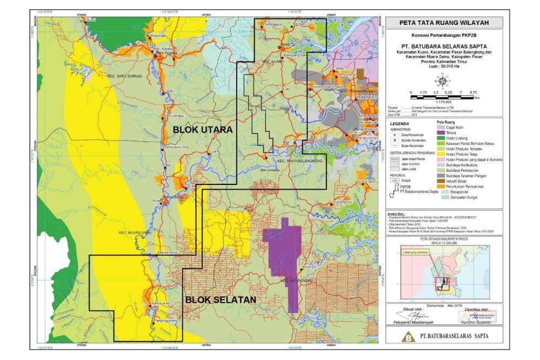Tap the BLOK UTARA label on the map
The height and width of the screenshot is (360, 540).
[203, 130]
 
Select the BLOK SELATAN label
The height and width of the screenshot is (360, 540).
[220, 299]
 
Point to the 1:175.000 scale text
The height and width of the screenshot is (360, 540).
[443, 101]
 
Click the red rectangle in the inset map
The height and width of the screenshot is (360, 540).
[444, 281]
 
